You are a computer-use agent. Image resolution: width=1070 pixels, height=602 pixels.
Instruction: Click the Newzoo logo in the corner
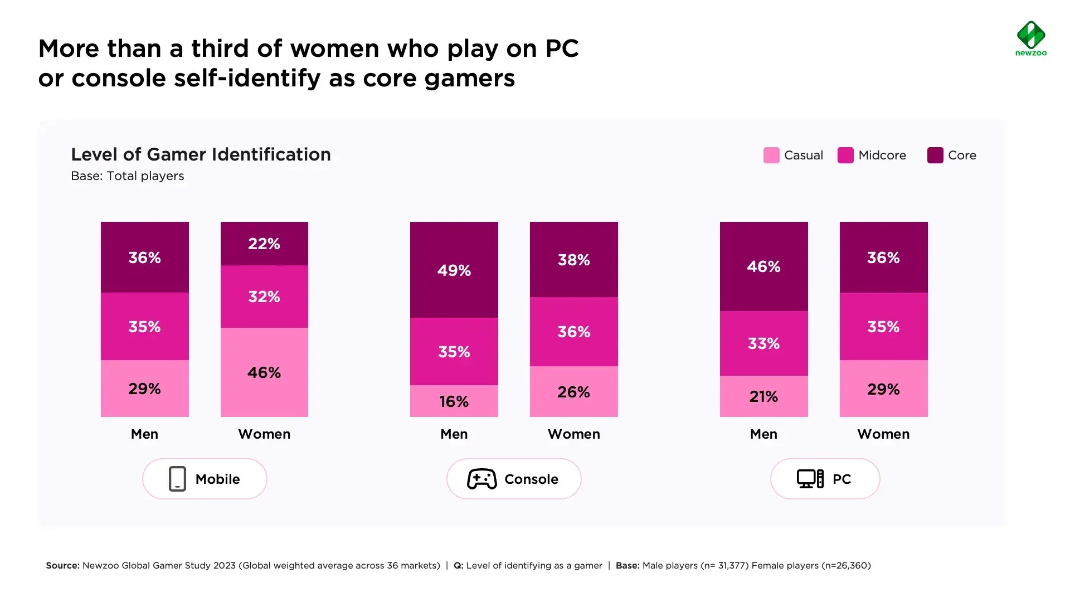[x=1030, y=38]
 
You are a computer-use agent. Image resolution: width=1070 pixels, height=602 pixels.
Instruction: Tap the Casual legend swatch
[x=771, y=155]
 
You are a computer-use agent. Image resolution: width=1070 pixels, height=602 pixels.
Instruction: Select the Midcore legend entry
[x=872, y=155]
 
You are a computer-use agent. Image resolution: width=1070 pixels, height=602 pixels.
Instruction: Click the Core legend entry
[x=952, y=155]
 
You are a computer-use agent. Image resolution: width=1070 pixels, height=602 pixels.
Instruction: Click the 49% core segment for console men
[x=454, y=270]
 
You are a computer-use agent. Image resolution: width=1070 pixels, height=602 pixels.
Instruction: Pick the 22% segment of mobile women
[x=264, y=244]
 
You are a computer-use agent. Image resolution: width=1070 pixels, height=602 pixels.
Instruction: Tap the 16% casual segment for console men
[x=454, y=401]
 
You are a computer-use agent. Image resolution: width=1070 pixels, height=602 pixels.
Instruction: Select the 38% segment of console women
[x=573, y=260]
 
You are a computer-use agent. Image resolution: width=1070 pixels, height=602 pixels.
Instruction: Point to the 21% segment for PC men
[x=763, y=396]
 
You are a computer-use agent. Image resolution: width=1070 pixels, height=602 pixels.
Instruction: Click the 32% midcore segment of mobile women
[x=264, y=297]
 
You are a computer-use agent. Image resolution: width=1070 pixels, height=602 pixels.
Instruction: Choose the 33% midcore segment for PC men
[x=763, y=343]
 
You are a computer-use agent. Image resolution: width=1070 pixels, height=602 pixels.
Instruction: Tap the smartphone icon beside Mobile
[x=177, y=479]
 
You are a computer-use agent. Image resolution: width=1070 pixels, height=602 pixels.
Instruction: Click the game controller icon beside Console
[x=481, y=479]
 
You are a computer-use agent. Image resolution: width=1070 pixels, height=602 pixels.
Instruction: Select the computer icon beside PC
[x=810, y=479]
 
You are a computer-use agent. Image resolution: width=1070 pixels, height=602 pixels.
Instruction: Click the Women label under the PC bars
[x=883, y=434]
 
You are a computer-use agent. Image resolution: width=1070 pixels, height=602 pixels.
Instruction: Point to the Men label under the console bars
[x=454, y=434]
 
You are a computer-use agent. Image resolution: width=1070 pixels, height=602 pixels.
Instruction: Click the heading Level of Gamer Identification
[x=201, y=154]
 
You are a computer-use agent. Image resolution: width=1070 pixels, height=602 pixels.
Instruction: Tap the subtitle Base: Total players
[x=127, y=176]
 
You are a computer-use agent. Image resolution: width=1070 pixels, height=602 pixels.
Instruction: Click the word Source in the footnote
[x=62, y=565]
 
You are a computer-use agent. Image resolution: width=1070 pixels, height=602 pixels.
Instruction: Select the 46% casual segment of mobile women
[x=264, y=372]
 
